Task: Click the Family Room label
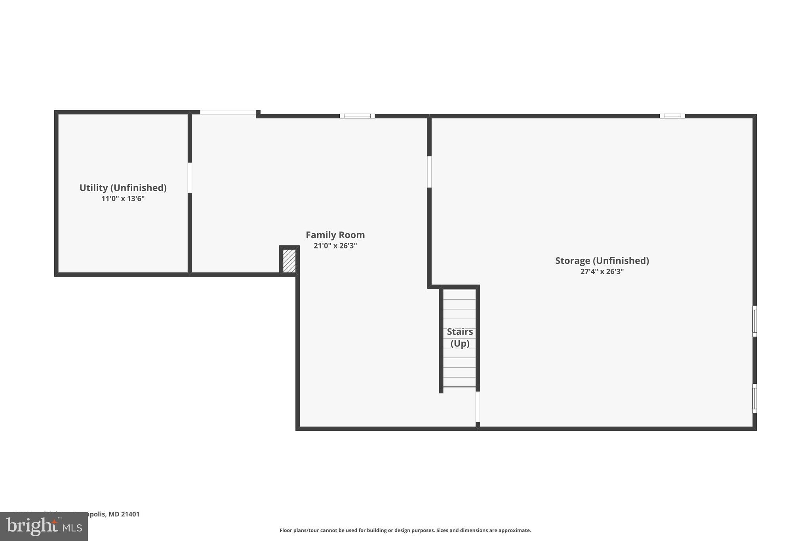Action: coord(335,235)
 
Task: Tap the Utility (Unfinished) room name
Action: coord(123,188)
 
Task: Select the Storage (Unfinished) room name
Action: coord(602,261)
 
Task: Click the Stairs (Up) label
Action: coord(460,337)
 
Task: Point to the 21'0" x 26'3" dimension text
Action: coord(335,246)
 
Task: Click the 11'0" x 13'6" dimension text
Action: coord(123,199)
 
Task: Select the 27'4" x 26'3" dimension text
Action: coord(602,271)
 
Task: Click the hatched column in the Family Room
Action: coord(289,261)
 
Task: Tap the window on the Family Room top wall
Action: coord(357,116)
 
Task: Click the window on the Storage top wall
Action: coord(672,116)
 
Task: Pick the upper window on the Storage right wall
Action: coord(754,321)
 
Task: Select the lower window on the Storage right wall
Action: coord(754,399)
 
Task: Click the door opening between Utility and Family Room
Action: coord(190,178)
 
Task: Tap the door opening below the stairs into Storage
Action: coord(478,407)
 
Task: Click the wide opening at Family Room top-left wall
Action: coord(228,113)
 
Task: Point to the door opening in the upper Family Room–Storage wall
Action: coord(429,172)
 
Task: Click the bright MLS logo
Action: coord(44,527)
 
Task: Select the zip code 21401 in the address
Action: coord(130,514)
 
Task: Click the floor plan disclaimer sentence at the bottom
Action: coord(405,530)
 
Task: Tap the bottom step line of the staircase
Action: coord(459,387)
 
